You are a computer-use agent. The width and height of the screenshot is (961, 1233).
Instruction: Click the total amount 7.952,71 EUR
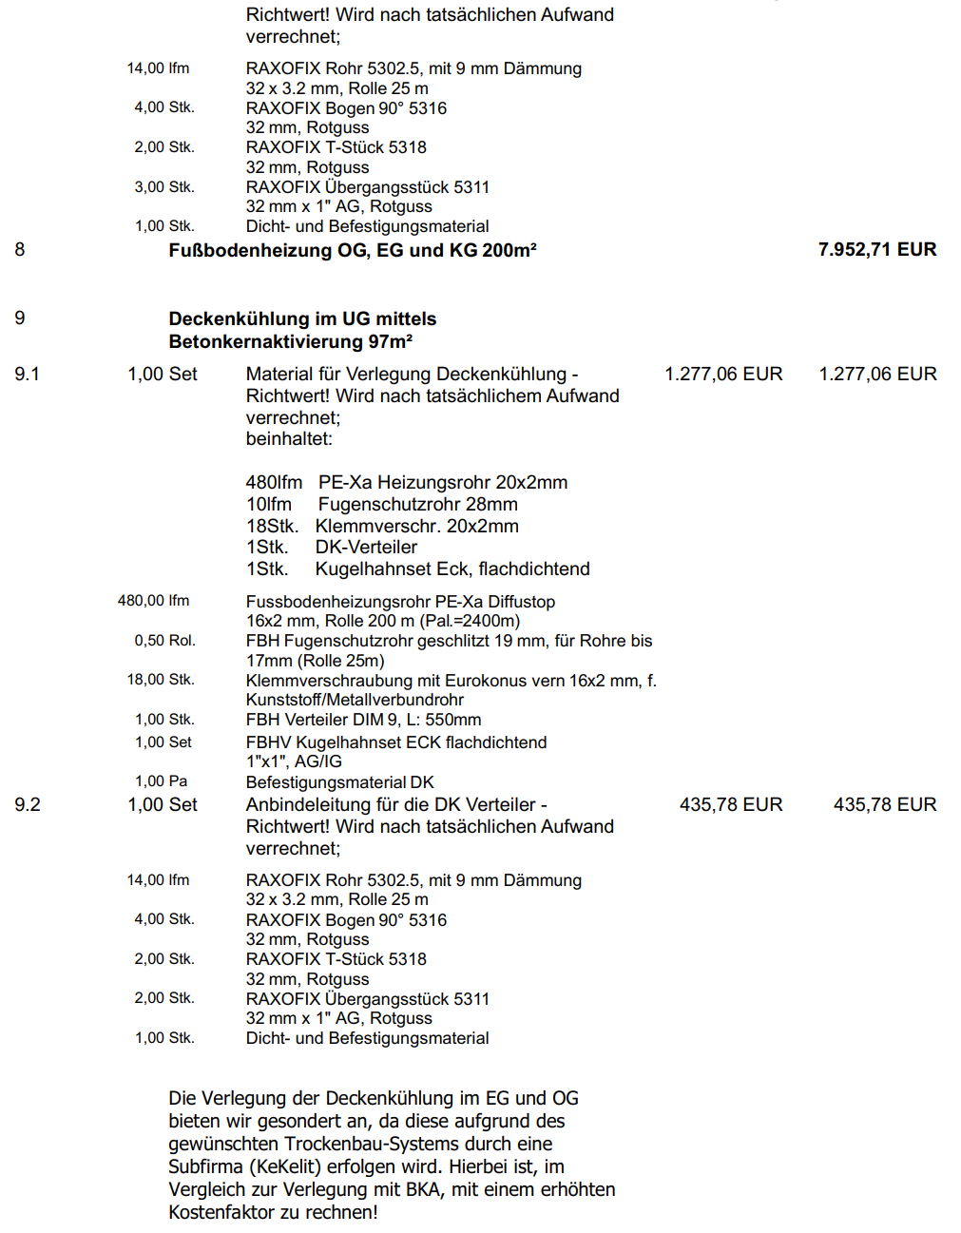coord(876,249)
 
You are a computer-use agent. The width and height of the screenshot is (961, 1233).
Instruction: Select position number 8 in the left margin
coord(20,249)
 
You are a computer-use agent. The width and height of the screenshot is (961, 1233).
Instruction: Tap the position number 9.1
coord(28,374)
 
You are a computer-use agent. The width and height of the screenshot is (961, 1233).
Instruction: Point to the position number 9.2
coord(28,804)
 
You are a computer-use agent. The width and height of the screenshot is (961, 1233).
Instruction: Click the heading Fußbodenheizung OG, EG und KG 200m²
coord(352,250)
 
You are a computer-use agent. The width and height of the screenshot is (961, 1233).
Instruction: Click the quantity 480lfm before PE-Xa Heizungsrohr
coord(274,482)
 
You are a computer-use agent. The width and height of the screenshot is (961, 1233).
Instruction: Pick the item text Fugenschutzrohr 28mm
coord(417,504)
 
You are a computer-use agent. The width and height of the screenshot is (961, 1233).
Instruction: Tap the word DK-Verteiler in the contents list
coord(366,547)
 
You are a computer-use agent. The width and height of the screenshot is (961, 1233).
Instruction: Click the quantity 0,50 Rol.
coord(164,641)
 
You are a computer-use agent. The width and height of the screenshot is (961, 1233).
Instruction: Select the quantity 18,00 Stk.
coord(161,680)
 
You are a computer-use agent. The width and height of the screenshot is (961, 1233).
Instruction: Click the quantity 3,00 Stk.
coord(163,187)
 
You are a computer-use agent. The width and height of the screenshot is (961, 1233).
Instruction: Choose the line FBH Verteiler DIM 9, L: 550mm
coord(363,720)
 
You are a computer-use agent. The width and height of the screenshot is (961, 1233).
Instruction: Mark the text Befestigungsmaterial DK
coord(339,782)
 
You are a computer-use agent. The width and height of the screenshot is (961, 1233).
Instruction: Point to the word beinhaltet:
coord(289,438)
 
